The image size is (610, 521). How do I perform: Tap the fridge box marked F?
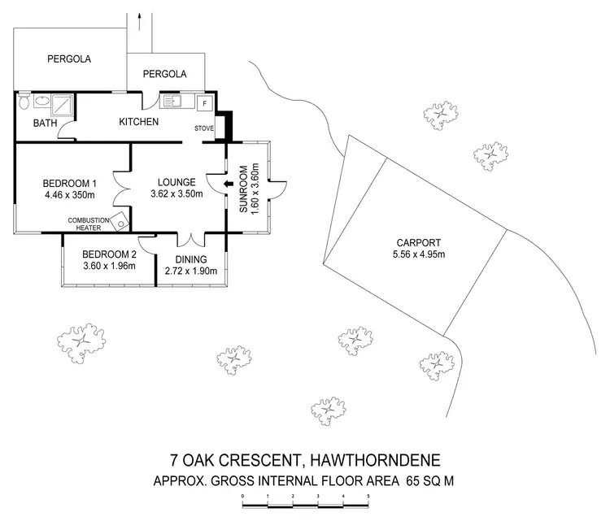coord(204,103)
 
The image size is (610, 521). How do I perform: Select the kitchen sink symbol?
coord(174,102)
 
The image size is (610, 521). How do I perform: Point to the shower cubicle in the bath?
coord(62,103)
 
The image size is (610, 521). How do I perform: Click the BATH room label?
coord(45,124)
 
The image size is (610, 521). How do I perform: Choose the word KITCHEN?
coord(138,122)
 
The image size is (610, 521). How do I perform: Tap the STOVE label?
coord(204,128)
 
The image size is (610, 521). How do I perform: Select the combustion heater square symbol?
coord(120,218)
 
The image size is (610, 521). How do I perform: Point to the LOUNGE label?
coord(176,182)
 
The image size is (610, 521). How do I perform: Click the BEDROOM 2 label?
coord(109,253)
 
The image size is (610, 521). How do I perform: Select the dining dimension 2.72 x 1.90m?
coord(190,271)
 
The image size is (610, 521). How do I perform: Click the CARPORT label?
coord(419,242)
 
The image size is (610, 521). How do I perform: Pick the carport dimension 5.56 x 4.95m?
coord(419,254)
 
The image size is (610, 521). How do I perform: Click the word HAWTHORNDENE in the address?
coord(375,461)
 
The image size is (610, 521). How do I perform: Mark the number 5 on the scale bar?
coord(368,495)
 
